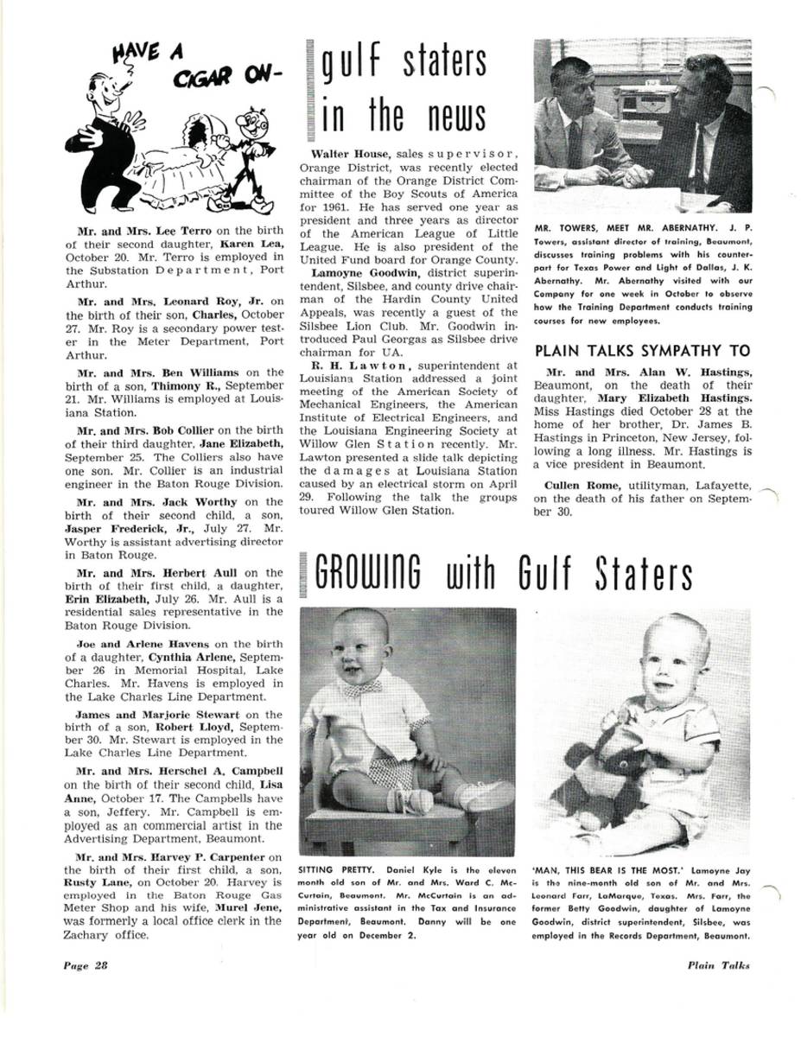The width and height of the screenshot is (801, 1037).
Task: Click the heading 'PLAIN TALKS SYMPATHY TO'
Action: pos(643,351)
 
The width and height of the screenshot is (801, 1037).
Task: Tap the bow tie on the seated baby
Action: pos(362,687)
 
